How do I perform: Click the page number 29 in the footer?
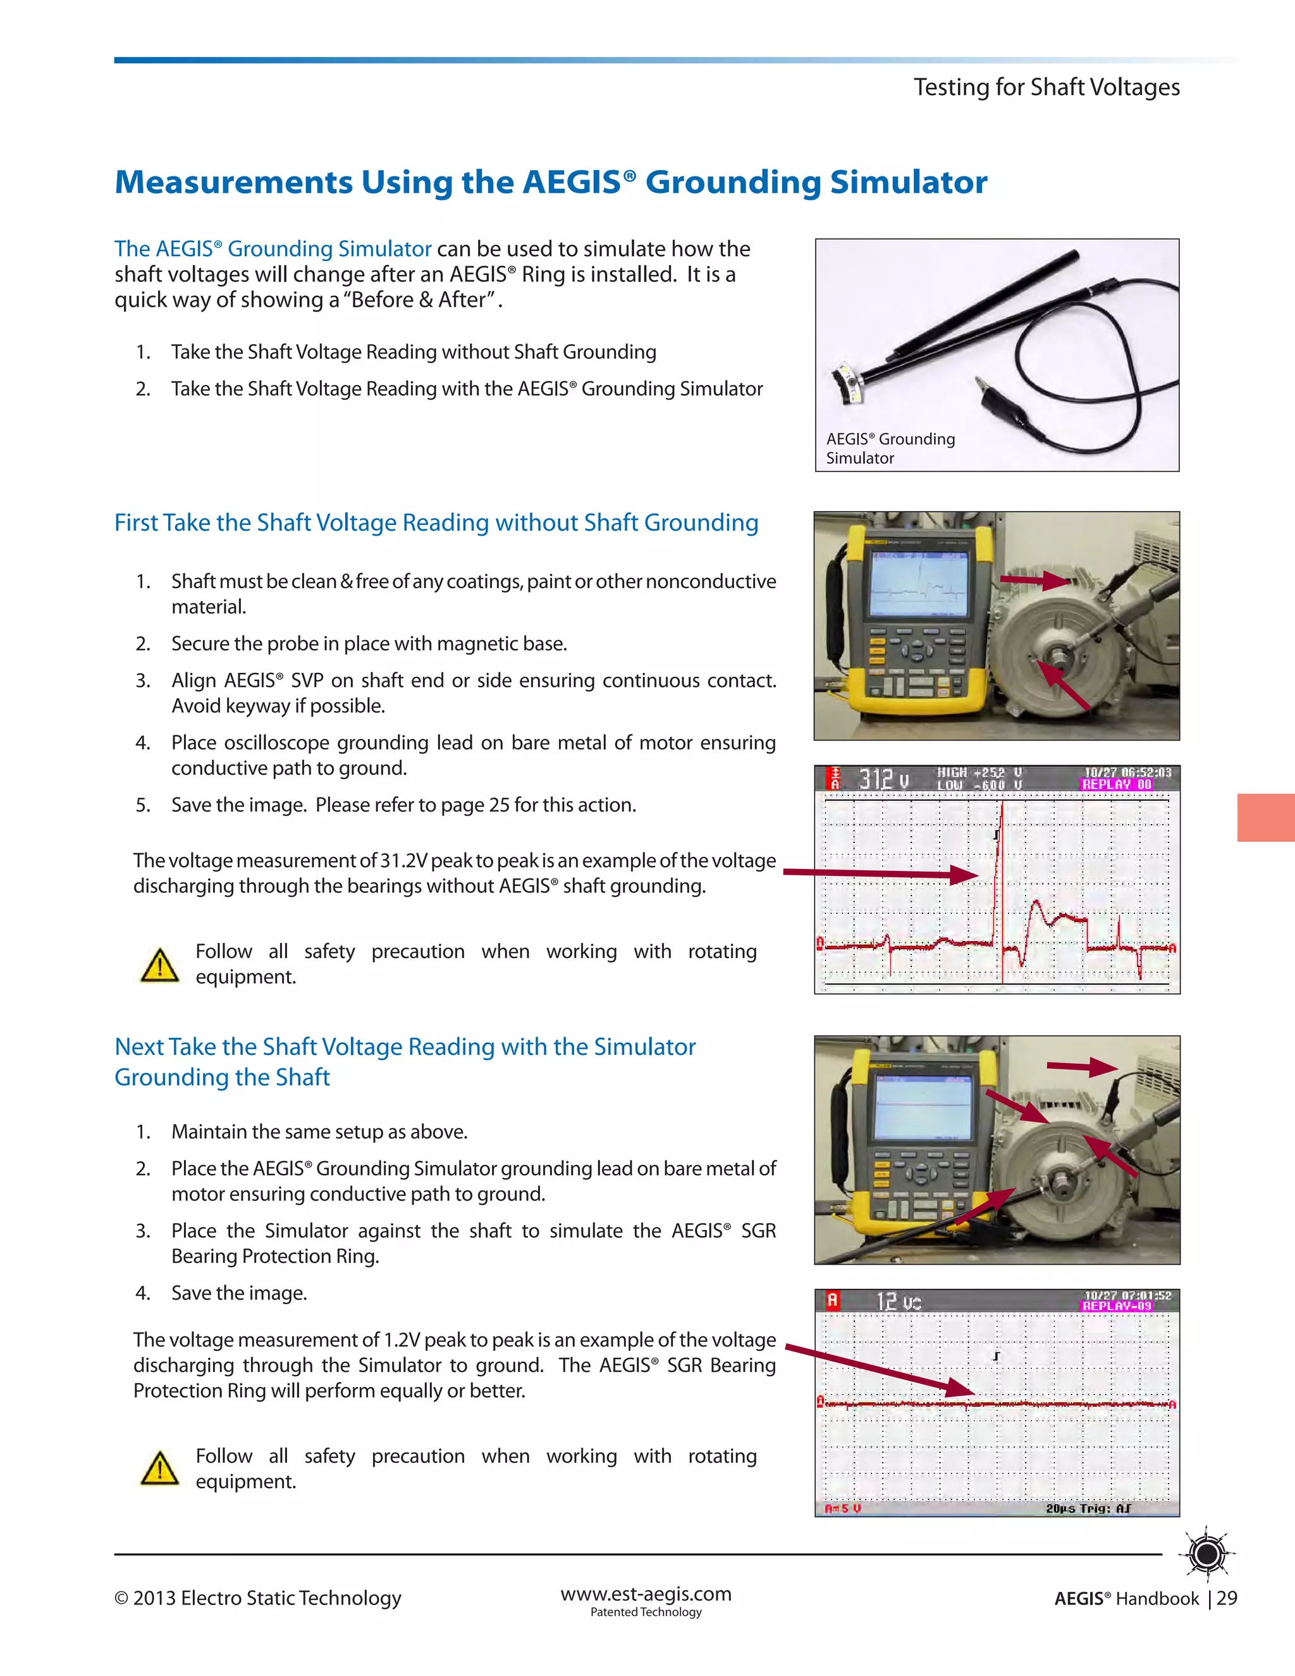pyautogui.click(x=1227, y=1598)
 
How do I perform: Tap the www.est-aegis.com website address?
pyautogui.click(x=646, y=1594)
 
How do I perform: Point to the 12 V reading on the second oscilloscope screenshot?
pyautogui.click(x=899, y=1302)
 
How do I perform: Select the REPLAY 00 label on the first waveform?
pyautogui.click(x=1117, y=784)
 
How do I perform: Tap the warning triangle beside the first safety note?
pyautogui.click(x=159, y=965)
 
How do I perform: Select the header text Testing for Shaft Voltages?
pyautogui.click(x=1046, y=87)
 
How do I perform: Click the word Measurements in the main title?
pyautogui.click(x=233, y=182)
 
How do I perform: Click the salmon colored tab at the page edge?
pyautogui.click(x=1265, y=817)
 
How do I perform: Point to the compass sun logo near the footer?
pyautogui.click(x=1208, y=1555)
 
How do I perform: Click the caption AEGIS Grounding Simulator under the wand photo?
pyautogui.click(x=890, y=448)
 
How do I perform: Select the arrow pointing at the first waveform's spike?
pyautogui.click(x=882, y=873)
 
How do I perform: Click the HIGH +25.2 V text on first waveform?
pyautogui.click(x=979, y=773)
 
